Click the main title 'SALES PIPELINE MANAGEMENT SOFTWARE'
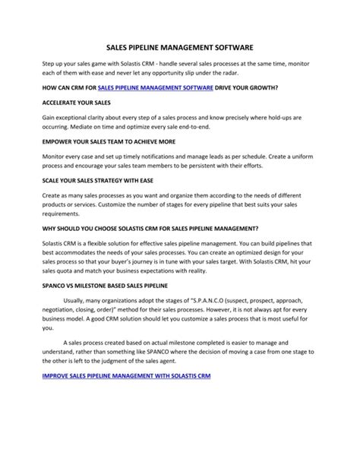180,47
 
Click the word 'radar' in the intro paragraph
226,74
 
